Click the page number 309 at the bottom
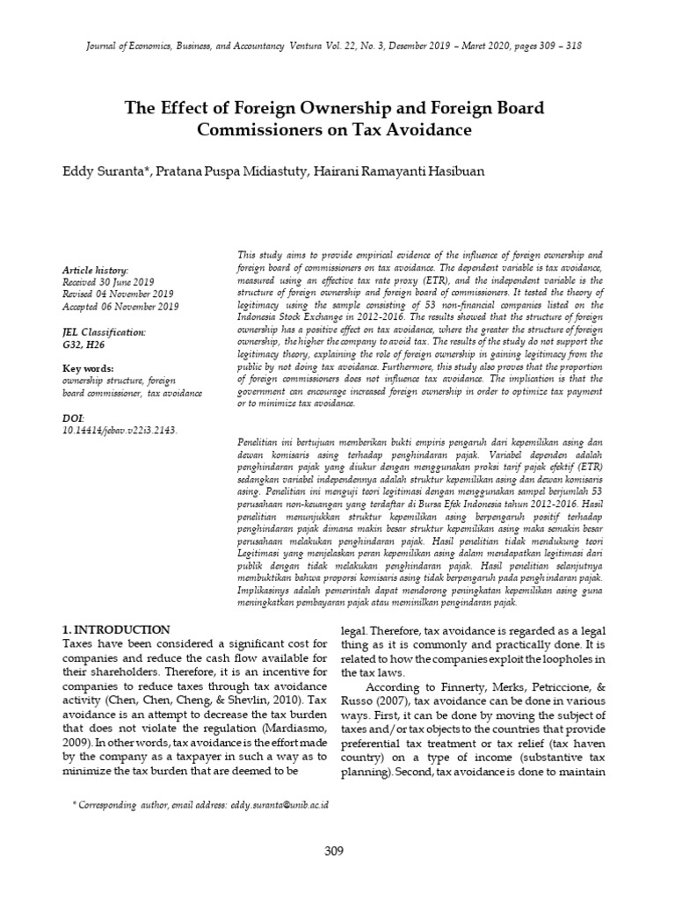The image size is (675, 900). pyautogui.click(x=334, y=851)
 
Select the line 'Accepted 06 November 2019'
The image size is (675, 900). pyautogui.click(x=120, y=306)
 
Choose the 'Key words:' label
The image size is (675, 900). pyautogui.click(x=88, y=368)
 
